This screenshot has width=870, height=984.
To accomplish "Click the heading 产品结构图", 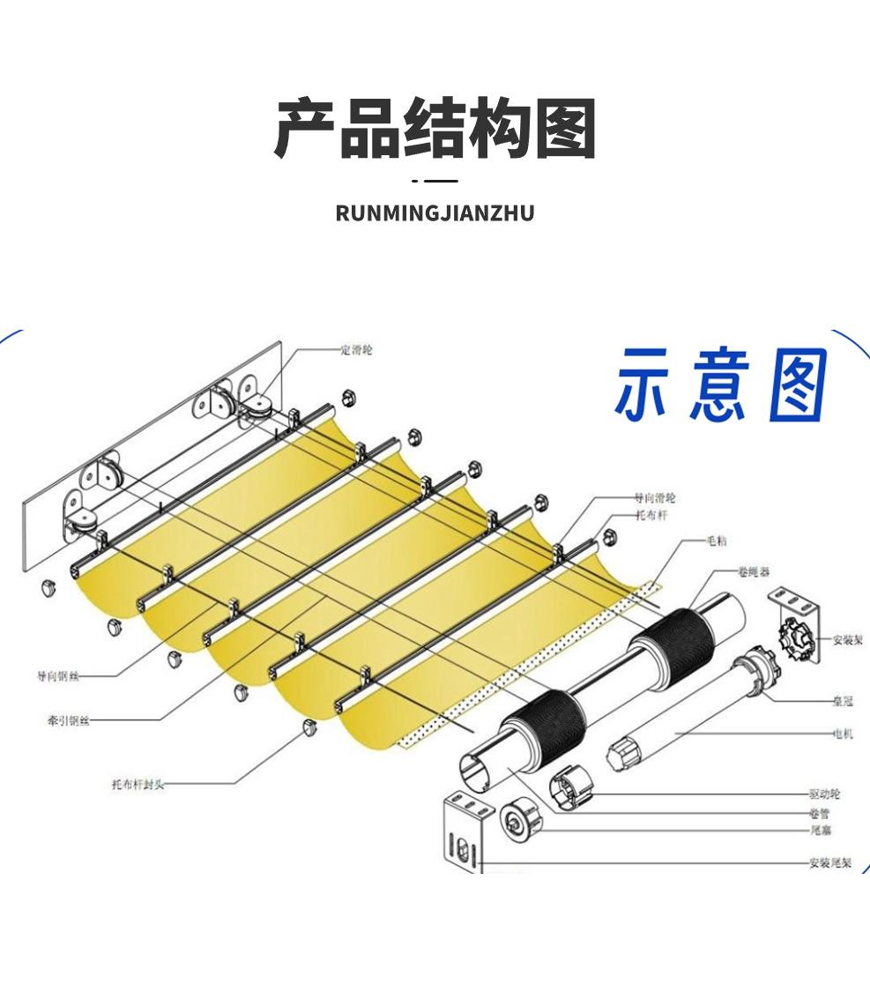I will coord(435,129).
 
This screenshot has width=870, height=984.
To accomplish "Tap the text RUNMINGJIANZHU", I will coord(435,213).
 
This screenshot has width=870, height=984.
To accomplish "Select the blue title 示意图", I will coord(720,385).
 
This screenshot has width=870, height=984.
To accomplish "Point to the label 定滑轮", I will coord(356,350).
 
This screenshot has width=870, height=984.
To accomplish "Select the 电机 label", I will coord(842,733).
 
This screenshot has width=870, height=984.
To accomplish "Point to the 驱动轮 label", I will coord(824,794).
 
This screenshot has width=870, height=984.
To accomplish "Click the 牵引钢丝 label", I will coord(68,719).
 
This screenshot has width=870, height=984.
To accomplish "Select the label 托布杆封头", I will coord(138,784).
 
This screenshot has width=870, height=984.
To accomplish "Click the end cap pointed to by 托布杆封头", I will coord(309,727).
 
